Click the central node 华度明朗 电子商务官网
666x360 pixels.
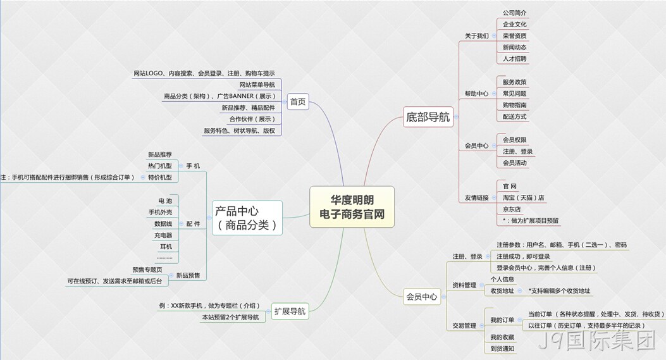point(352,206)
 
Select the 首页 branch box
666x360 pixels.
point(298,102)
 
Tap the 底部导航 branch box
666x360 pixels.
point(428,117)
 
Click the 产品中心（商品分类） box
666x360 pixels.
point(247,218)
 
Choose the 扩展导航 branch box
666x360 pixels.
point(290,311)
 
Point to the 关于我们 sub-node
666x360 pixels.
point(476,36)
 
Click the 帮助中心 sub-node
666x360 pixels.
point(476,94)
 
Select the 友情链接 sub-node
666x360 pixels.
point(476,197)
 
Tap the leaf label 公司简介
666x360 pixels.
point(514,13)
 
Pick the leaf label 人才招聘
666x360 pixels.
point(514,59)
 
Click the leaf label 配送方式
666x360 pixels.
point(514,116)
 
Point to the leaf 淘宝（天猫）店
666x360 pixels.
point(523,197)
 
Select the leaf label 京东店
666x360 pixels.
point(512,209)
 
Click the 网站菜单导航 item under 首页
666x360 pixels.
point(257,85)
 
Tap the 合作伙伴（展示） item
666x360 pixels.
point(252,119)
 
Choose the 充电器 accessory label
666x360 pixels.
point(163,235)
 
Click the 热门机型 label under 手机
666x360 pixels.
point(160,166)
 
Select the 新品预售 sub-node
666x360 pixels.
point(188,275)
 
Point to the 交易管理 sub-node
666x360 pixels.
point(464,326)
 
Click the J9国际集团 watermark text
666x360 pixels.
point(598,341)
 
